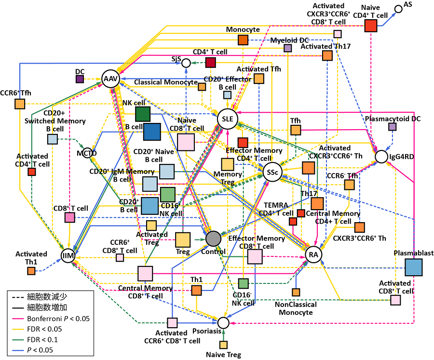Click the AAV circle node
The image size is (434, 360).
point(110,79)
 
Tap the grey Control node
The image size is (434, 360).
point(213,238)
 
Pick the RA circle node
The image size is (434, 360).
point(313,254)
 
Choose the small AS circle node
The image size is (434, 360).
point(398,9)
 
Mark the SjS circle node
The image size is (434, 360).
point(186,62)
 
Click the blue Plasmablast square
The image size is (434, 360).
point(413,267)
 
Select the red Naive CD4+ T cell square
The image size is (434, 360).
point(370,26)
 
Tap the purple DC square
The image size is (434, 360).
point(80,79)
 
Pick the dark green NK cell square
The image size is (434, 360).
point(142,114)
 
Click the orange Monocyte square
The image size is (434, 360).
point(243,40)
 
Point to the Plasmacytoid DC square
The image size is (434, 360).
point(393,127)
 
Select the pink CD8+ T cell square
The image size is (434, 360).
point(70,217)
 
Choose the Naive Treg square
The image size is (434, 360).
point(223,345)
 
